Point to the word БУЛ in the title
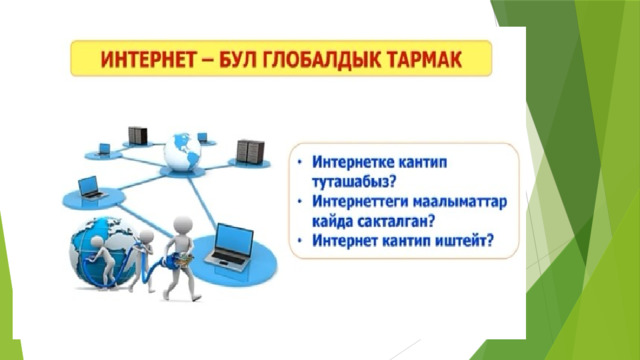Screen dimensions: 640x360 tap(237, 59)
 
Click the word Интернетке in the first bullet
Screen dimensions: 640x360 tap(353, 162)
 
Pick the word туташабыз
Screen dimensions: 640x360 tap(354, 182)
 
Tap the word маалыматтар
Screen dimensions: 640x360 tap(460, 202)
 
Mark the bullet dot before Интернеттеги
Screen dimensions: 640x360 tap(300, 202)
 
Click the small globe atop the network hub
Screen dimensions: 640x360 tap(182, 152)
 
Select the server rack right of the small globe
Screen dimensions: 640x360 tap(250, 151)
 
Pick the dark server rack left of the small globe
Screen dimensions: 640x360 tap(138, 136)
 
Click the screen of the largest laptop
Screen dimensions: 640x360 tap(234, 239)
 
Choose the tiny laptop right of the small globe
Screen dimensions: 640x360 tap(203, 137)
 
